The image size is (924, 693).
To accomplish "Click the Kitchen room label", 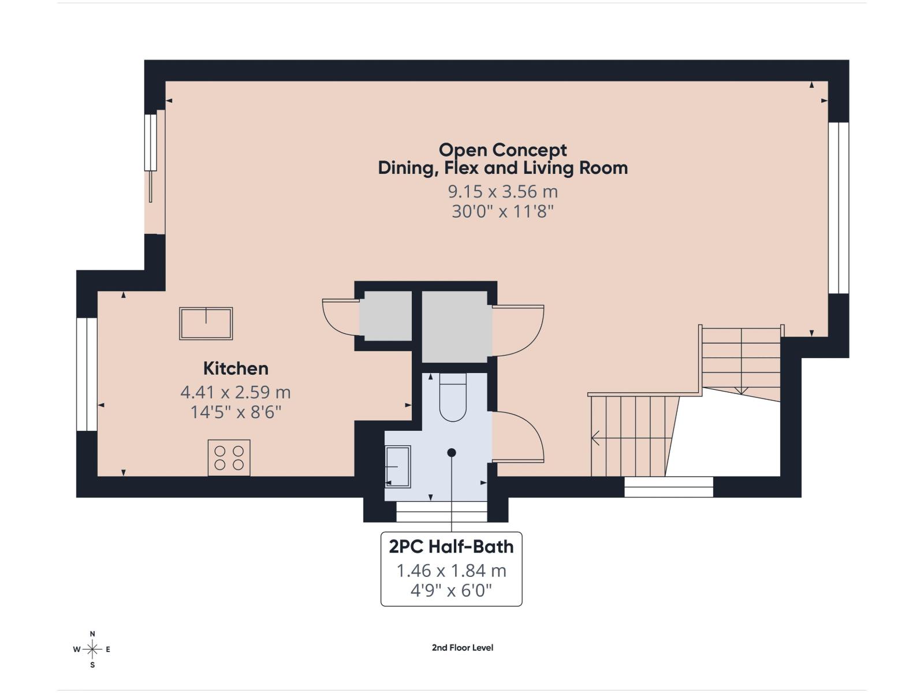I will tap(236, 368).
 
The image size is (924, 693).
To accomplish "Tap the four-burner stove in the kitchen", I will tap(229, 458).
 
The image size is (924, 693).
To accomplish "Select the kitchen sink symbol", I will tap(206, 323).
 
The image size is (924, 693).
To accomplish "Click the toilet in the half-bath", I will tap(453, 398).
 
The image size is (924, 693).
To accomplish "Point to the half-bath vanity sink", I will tap(398, 467).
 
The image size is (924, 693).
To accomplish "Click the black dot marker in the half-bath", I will tap(452, 453).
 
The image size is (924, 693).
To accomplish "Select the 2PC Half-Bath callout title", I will tap(451, 546).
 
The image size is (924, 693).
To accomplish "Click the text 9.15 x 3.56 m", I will tap(502, 191).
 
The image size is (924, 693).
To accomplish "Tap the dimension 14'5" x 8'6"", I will tap(236, 412).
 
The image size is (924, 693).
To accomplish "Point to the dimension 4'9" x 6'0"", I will tap(451, 591).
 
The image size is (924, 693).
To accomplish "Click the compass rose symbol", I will tap(92, 649).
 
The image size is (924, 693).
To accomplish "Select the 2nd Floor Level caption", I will tap(463, 647).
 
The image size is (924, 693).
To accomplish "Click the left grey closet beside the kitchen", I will tap(386, 316).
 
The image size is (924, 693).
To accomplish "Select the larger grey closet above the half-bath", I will tap(456, 327).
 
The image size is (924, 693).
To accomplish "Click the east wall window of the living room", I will tap(839, 208).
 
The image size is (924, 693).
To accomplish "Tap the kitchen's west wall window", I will tap(87, 374).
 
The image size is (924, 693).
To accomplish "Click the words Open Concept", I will tap(502, 150).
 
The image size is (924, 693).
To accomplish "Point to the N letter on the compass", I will tap(92, 634).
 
